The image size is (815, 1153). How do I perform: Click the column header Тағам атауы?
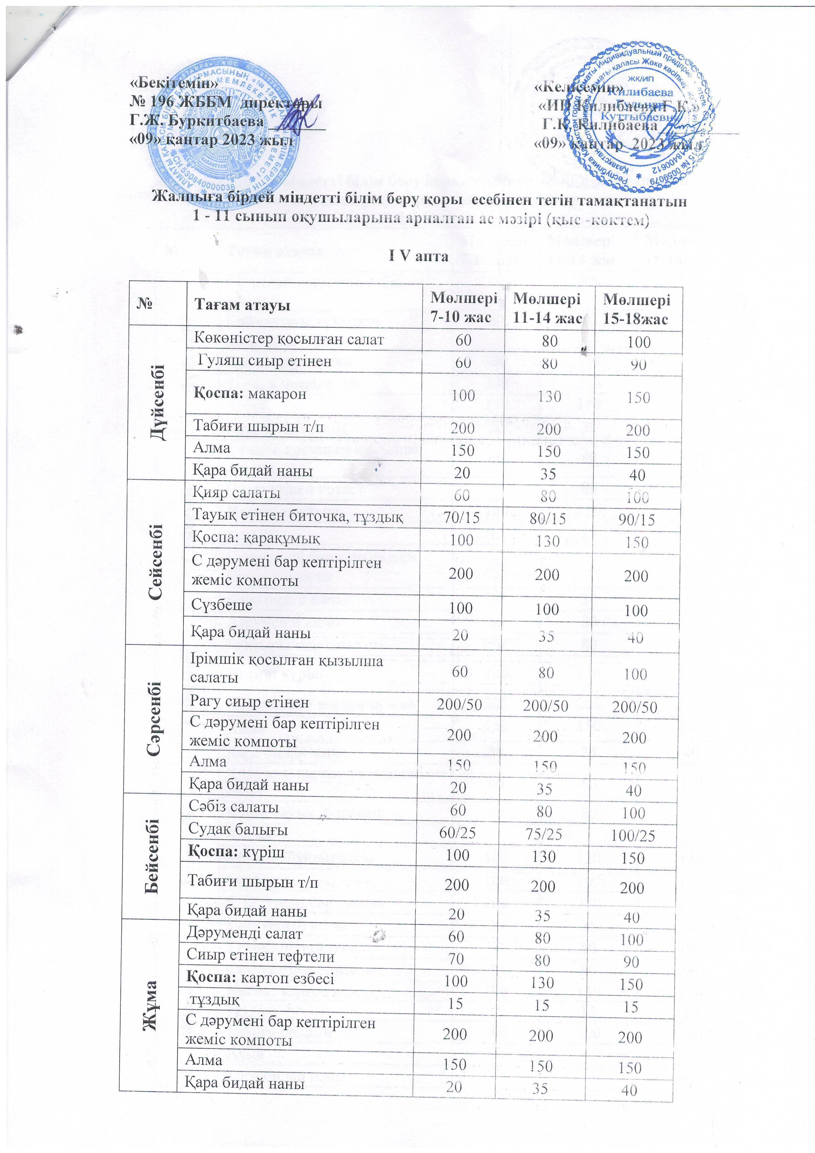pos(242,305)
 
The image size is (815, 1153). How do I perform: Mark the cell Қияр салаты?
pos(236,493)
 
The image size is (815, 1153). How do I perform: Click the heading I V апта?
pos(419,256)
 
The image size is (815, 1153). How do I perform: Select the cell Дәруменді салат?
pos(244,933)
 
